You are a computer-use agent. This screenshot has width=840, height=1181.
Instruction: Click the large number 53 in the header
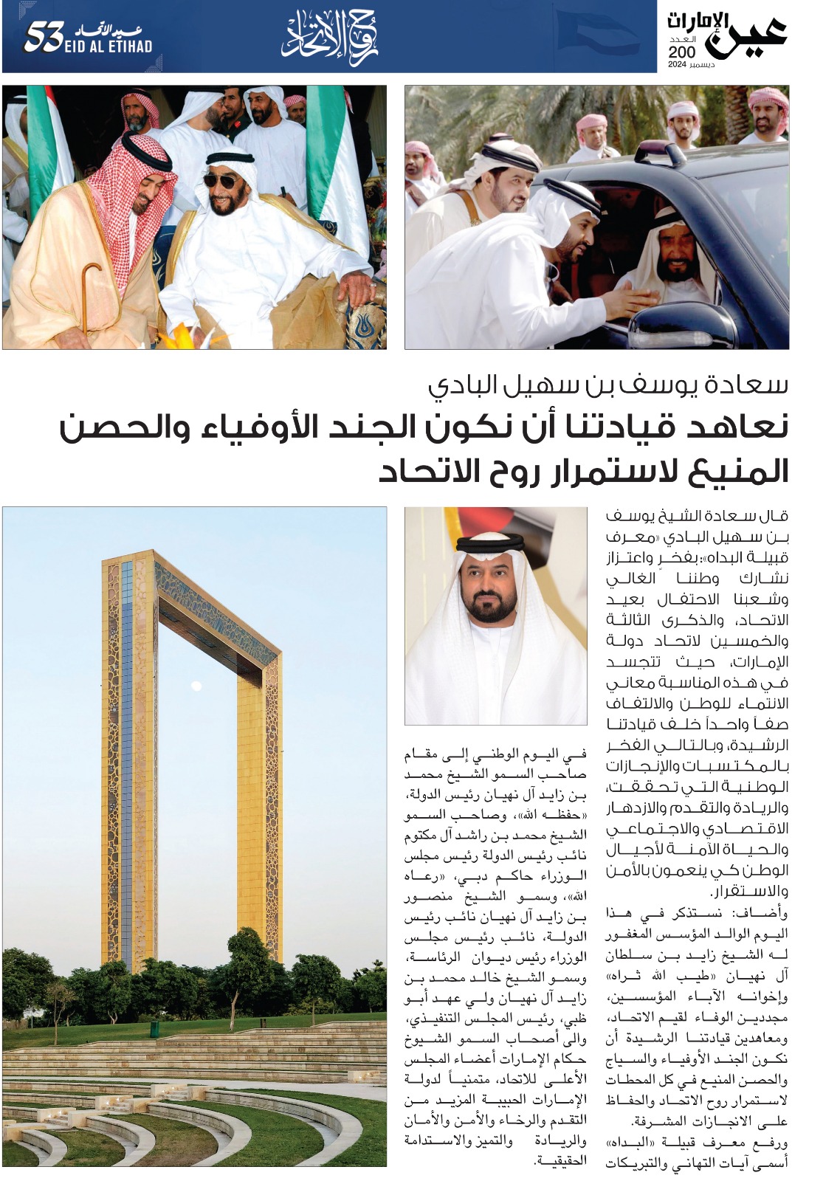(41, 38)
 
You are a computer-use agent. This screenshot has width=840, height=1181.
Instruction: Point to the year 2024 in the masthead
(678, 66)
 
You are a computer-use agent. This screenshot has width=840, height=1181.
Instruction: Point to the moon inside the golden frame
(196, 686)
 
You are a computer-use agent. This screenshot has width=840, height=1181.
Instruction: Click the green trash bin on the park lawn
(155, 1027)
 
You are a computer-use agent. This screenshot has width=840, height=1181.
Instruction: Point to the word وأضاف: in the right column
(770, 913)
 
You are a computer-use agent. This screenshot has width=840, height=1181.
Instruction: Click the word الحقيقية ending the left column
(561, 1160)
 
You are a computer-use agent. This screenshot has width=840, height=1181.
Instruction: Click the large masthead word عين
(747, 37)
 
